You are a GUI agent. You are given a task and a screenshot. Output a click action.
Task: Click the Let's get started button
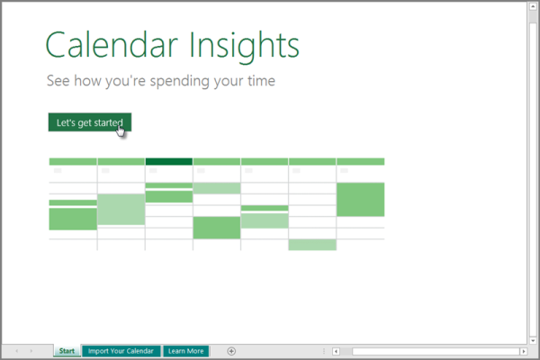tap(88, 122)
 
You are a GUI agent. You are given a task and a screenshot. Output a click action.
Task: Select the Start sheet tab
tap(67, 351)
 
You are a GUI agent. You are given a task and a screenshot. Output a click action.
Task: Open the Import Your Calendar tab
tap(121, 351)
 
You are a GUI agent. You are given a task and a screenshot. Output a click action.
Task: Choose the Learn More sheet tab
tap(186, 351)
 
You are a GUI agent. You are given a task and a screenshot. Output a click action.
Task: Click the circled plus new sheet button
tap(231, 351)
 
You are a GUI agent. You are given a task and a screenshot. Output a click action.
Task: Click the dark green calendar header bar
tap(168, 162)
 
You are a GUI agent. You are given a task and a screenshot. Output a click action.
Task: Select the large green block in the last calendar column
tap(360, 199)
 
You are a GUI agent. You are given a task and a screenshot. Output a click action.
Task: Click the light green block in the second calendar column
tap(121, 209)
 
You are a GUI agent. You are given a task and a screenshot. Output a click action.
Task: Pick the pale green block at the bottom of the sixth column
tap(312, 245)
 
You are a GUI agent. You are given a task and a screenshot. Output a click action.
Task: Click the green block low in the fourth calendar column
tap(217, 228)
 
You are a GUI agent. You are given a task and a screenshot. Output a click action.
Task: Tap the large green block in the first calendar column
tap(73, 219)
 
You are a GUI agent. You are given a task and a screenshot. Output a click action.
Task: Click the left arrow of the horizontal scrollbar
tap(336, 351)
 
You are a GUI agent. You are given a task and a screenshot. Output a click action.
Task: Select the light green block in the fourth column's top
tap(217, 188)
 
